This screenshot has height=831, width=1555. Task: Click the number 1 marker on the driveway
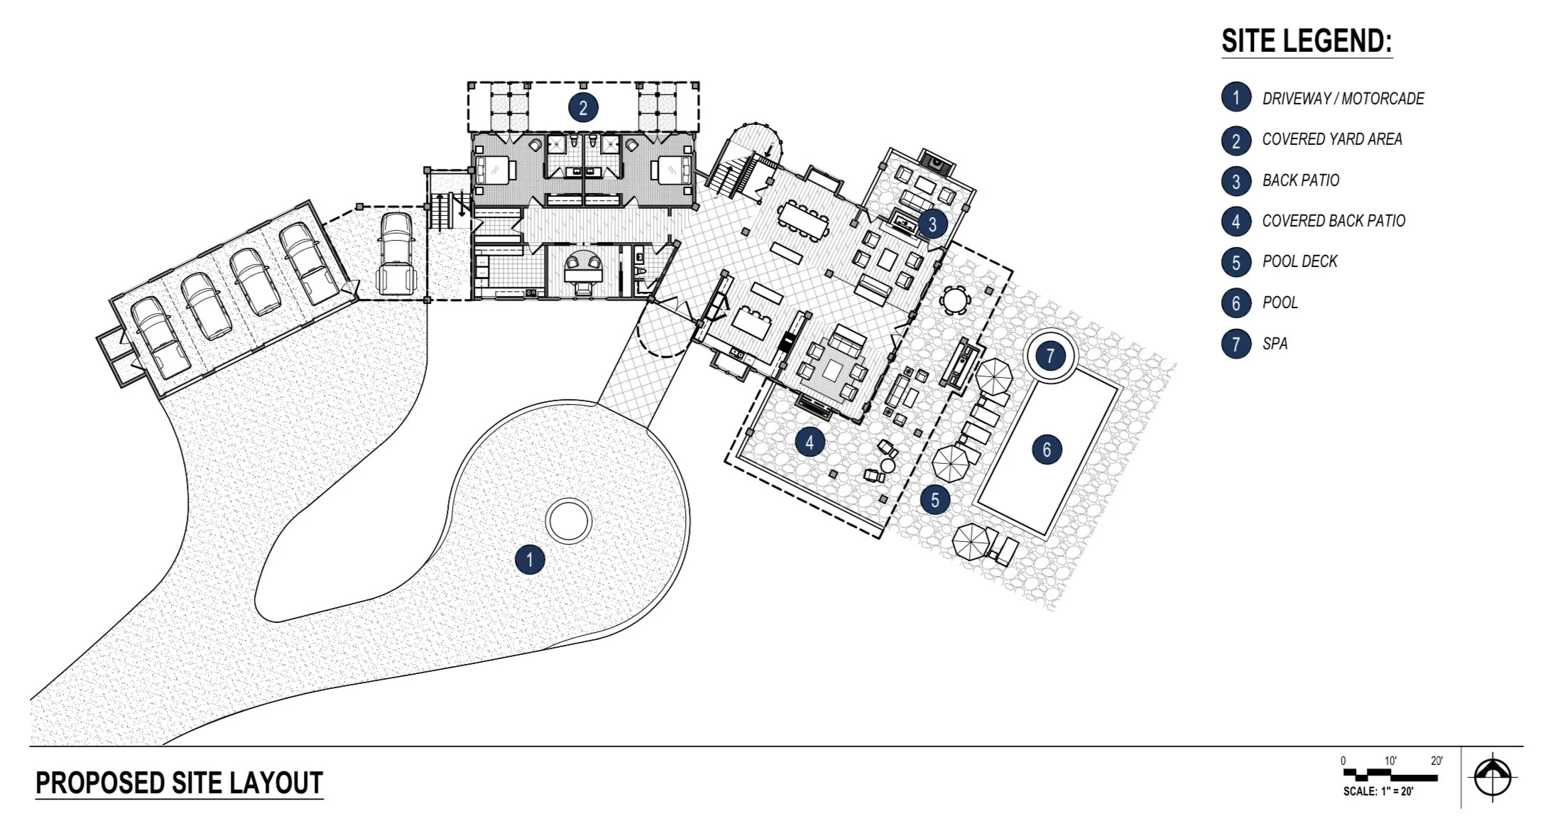tap(529, 560)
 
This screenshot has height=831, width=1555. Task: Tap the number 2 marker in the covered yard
tap(583, 108)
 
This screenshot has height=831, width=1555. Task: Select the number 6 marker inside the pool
tap(1047, 449)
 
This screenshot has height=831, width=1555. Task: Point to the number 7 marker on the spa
tap(1050, 355)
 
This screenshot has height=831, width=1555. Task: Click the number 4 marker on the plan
tap(809, 443)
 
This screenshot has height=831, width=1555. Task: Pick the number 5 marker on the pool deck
tap(934, 500)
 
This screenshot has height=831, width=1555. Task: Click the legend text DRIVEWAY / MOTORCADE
tap(1343, 99)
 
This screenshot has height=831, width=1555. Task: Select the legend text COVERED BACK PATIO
tap(1333, 221)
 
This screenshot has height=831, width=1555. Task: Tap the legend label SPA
tap(1275, 344)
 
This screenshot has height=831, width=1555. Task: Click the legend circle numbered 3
tap(1236, 181)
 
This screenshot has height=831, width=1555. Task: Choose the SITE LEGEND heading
tap(1306, 41)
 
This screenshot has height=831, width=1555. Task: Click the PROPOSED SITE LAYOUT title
tap(179, 783)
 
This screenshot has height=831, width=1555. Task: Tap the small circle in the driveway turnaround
tap(569, 521)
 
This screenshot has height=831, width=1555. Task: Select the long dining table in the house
tap(803, 220)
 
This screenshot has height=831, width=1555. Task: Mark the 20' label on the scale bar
tap(1436, 761)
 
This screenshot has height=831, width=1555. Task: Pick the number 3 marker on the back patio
tap(932, 224)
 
